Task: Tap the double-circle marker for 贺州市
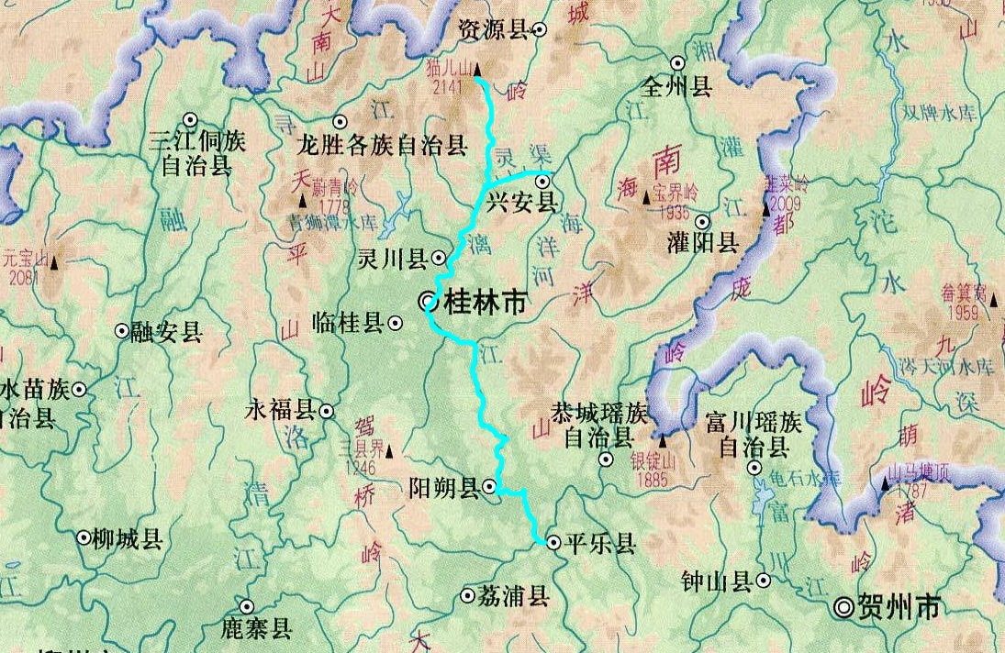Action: click(x=843, y=606)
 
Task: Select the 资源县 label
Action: click(x=493, y=30)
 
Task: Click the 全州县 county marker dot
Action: click(x=677, y=63)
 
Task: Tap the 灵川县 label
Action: click(x=393, y=260)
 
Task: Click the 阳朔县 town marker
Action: click(x=490, y=486)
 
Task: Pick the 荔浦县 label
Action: click(x=513, y=596)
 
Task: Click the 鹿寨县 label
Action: click(x=256, y=628)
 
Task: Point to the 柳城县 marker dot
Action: click(x=84, y=537)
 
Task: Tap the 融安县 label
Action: click(x=166, y=332)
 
